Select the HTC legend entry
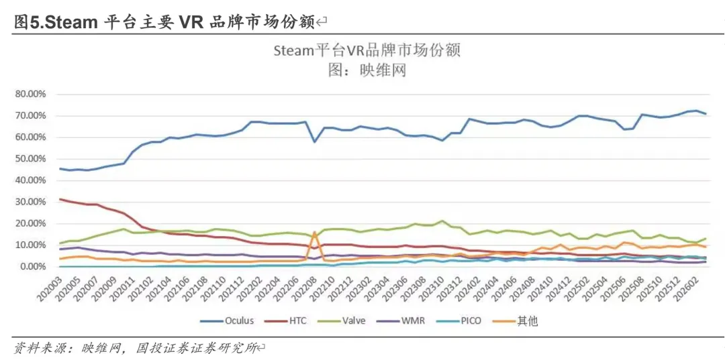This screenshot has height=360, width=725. pos(296,321)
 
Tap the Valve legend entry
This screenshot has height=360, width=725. pos(352,321)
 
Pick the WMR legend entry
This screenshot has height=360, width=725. pos(410,321)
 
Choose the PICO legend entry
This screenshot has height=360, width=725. pos(467,321)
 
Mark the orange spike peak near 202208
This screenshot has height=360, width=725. pos(315,232)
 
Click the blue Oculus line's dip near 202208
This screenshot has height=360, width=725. pos(315,141)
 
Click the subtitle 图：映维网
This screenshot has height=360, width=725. pos(366,69)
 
